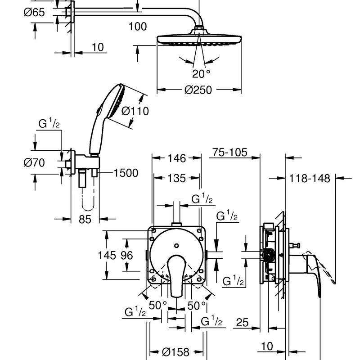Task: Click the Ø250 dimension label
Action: pyautogui.click(x=198, y=90)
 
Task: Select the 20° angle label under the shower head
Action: pyautogui.click(x=201, y=74)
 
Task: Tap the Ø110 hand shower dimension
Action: pyautogui.click(x=135, y=111)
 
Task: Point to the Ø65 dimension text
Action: pyautogui.click(x=34, y=12)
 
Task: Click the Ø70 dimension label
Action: pyautogui.click(x=34, y=162)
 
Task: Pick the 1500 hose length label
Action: pyautogui.click(x=126, y=173)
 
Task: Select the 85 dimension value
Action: pyautogui.click(x=85, y=220)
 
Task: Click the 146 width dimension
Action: pyautogui.click(x=177, y=158)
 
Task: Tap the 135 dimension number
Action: pyautogui.click(x=176, y=178)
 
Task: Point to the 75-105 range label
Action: pyautogui.click(x=229, y=152)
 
